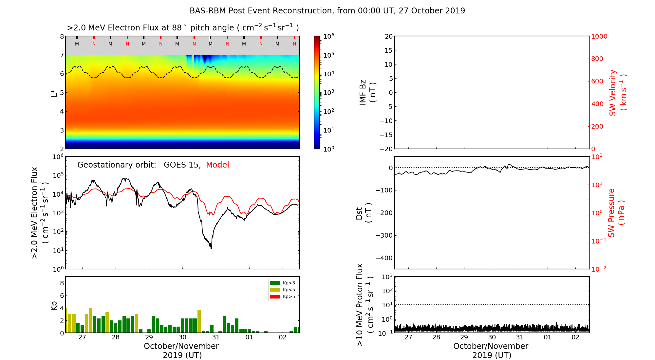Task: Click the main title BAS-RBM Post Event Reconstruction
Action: tap(327, 11)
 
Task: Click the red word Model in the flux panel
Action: tap(217, 165)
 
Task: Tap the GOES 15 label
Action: tap(182, 165)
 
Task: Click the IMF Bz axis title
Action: tap(367, 93)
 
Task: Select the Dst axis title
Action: tap(364, 213)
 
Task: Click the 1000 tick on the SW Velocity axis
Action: tap(599, 36)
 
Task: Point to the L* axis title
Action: tap(54, 93)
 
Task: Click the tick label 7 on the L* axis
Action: tap(62, 55)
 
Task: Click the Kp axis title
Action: tap(54, 305)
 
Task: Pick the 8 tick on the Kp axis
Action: tap(62, 283)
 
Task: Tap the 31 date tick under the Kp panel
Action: tap(216, 337)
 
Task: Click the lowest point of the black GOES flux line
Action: tap(211, 248)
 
